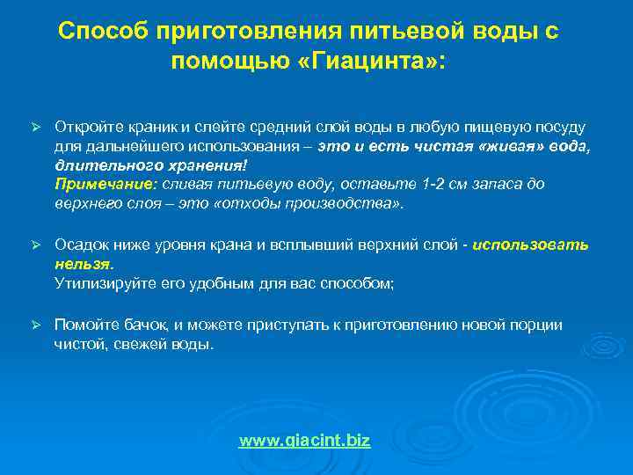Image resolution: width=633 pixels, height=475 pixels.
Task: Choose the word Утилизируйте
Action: tap(98, 283)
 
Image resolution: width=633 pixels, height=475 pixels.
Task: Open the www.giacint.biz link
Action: tap(304, 440)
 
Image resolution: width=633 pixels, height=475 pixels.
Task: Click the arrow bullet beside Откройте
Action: tap(37, 128)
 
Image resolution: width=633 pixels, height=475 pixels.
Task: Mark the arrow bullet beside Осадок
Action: tap(37, 245)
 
